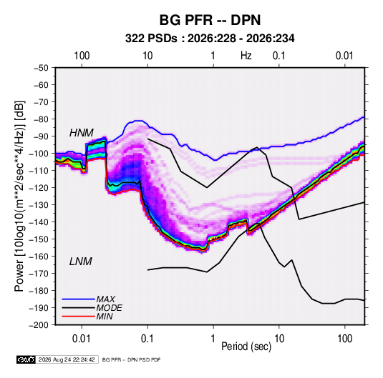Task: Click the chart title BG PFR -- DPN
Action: (x=210, y=20)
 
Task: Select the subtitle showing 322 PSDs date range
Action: (x=210, y=39)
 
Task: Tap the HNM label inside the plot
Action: (x=82, y=133)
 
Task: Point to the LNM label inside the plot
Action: (x=81, y=262)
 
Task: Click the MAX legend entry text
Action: (x=105, y=299)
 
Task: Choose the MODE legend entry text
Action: (x=110, y=308)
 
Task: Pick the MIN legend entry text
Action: (x=105, y=317)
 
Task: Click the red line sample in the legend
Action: (x=78, y=317)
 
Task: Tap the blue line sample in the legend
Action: (x=78, y=299)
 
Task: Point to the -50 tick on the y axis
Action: (x=41, y=68)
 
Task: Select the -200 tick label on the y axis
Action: (x=39, y=325)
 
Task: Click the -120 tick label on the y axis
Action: (x=39, y=188)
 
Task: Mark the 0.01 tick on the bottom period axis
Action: (x=82, y=339)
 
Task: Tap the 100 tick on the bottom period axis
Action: (x=344, y=339)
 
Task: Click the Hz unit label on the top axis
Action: (x=246, y=56)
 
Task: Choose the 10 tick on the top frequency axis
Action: (x=147, y=56)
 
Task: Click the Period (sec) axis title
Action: (x=246, y=347)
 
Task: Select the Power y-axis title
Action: (x=19, y=196)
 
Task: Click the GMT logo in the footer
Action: (x=26, y=359)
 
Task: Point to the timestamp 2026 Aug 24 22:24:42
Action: (x=67, y=359)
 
